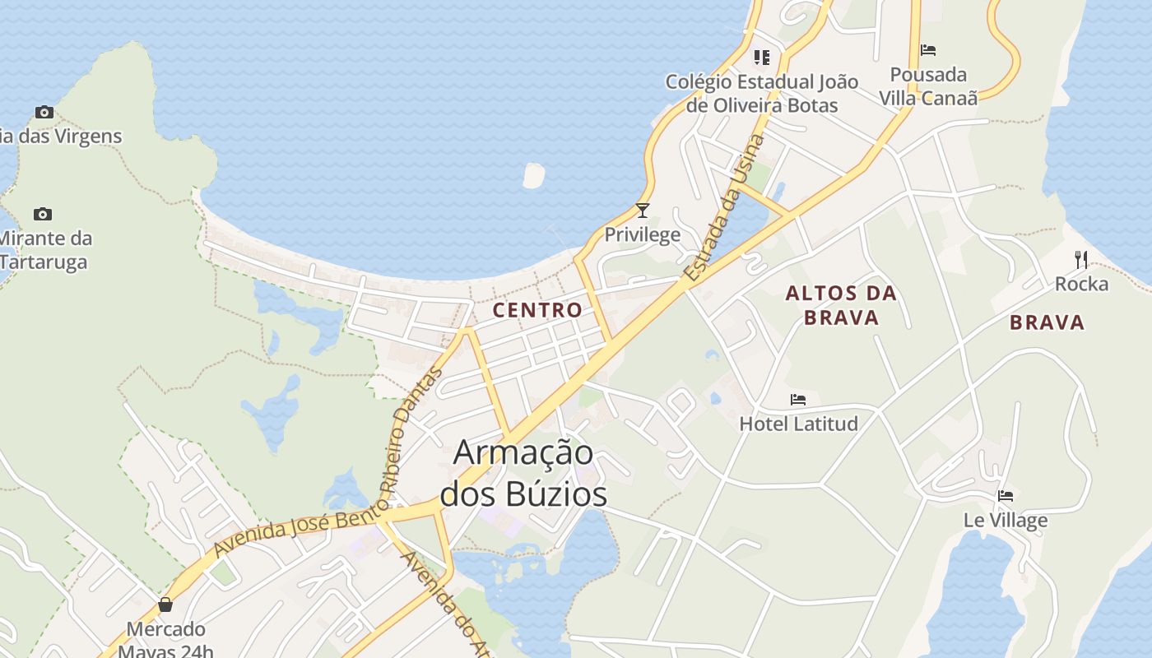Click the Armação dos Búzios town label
pyautogui.click(x=524, y=473)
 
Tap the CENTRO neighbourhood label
pyautogui.click(x=537, y=310)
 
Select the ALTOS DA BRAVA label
pyautogui.click(x=841, y=305)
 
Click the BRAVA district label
pyautogui.click(x=1047, y=322)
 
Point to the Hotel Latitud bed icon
pyautogui.click(x=798, y=400)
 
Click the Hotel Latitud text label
pyautogui.click(x=798, y=424)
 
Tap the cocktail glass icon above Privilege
pyautogui.click(x=643, y=211)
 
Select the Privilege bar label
pyautogui.click(x=643, y=234)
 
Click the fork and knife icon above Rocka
pyautogui.click(x=1081, y=260)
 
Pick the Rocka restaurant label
pyautogui.click(x=1081, y=284)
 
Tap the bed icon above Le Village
pyautogui.click(x=1006, y=496)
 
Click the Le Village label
pyautogui.click(x=1006, y=520)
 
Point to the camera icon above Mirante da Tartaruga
pyautogui.click(x=43, y=215)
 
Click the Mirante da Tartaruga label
pyautogui.click(x=45, y=250)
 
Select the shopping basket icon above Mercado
pyautogui.click(x=165, y=605)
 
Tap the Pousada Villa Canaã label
pyautogui.click(x=928, y=86)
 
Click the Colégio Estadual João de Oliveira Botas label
pyautogui.click(x=762, y=93)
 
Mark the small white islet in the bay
pyautogui.click(x=534, y=175)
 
